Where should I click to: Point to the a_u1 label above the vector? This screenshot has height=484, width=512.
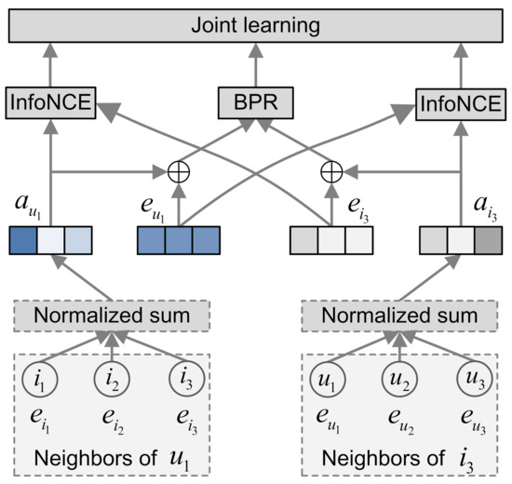[x=28, y=206]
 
